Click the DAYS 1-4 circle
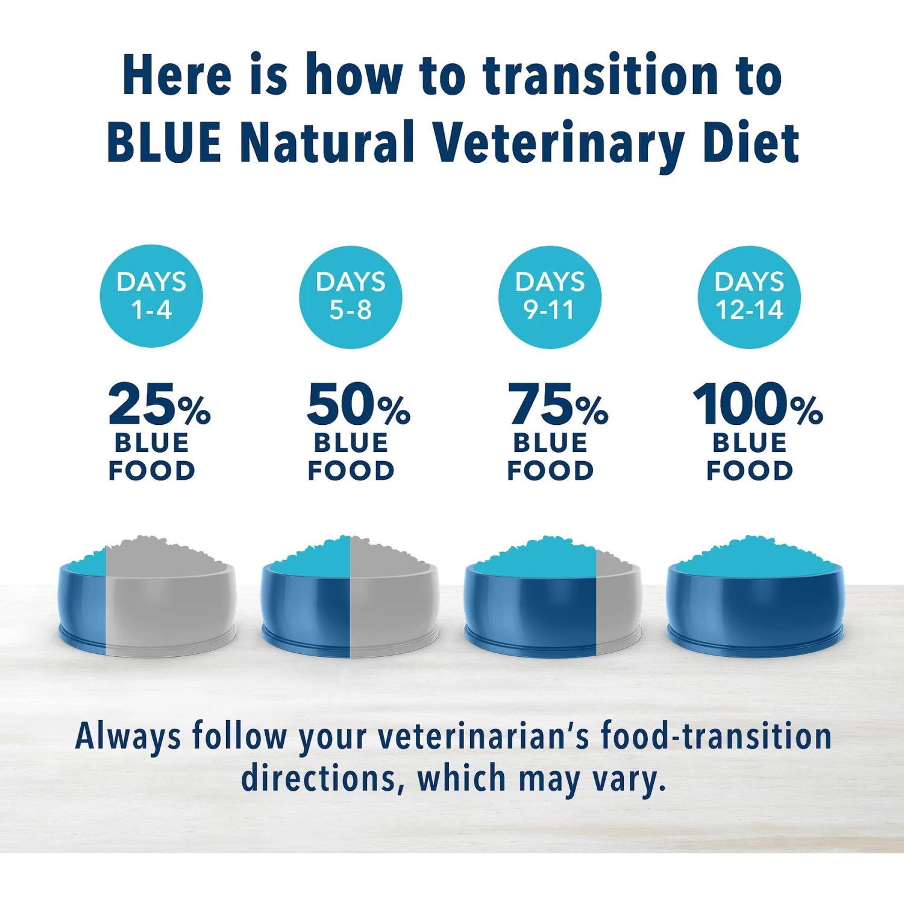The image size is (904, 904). pyautogui.click(x=151, y=296)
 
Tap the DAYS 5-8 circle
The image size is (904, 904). pyautogui.click(x=350, y=297)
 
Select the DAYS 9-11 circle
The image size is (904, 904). pyautogui.click(x=550, y=297)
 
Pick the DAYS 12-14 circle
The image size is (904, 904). pyautogui.click(x=749, y=297)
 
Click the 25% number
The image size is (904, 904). pyautogui.click(x=159, y=404)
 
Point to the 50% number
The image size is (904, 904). pyautogui.click(x=358, y=404)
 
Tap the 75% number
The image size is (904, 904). pyautogui.click(x=557, y=404)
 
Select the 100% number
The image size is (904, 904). pyautogui.click(x=758, y=404)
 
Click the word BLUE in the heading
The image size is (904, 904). pyautogui.click(x=164, y=142)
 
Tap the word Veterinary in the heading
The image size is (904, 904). pyautogui.click(x=557, y=143)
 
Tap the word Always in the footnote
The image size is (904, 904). pyautogui.click(x=128, y=736)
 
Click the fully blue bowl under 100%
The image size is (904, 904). pyautogui.click(x=755, y=609)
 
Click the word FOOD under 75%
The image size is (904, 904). pyautogui.click(x=550, y=471)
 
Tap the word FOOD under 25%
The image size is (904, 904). pyautogui.click(x=152, y=471)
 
